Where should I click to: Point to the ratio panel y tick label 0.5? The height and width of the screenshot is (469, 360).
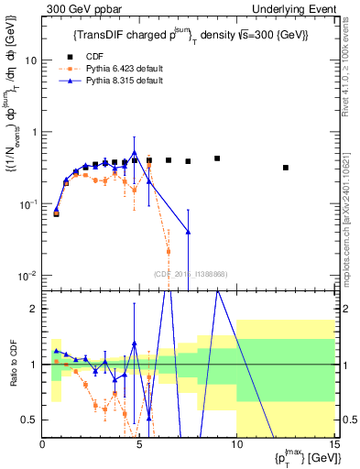(30, 420)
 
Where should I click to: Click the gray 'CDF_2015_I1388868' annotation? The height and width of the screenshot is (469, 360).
(191, 274)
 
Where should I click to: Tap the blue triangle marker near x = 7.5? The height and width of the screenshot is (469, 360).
(189, 232)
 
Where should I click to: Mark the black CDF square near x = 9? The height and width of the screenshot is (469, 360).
(217, 158)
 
